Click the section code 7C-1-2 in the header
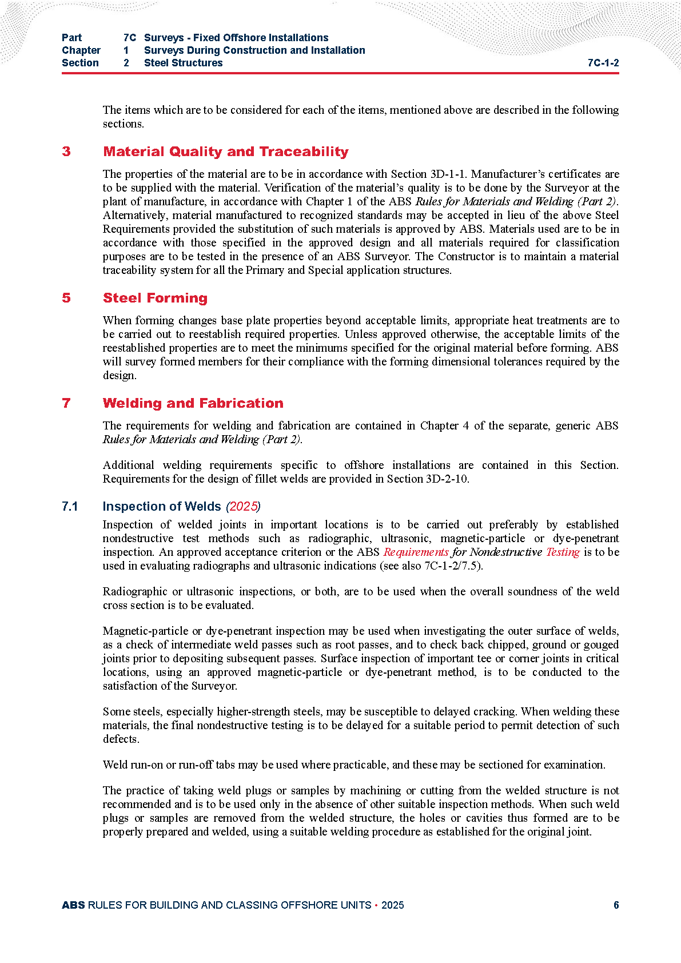coord(603,63)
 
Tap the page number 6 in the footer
coord(616,905)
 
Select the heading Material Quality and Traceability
coord(225,152)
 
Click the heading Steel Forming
coord(155,298)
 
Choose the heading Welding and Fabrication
coord(193,403)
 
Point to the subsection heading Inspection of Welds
coord(161,506)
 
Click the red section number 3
coord(66,152)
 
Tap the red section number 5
coord(66,298)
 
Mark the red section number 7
coord(66,403)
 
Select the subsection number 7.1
coord(70,506)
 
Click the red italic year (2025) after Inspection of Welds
coord(243,506)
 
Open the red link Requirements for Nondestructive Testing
coord(481,552)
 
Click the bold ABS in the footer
coord(73,905)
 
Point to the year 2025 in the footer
coord(392,905)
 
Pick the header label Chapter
coord(81,50)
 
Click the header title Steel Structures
coord(183,63)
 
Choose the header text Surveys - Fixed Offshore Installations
coord(236,38)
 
